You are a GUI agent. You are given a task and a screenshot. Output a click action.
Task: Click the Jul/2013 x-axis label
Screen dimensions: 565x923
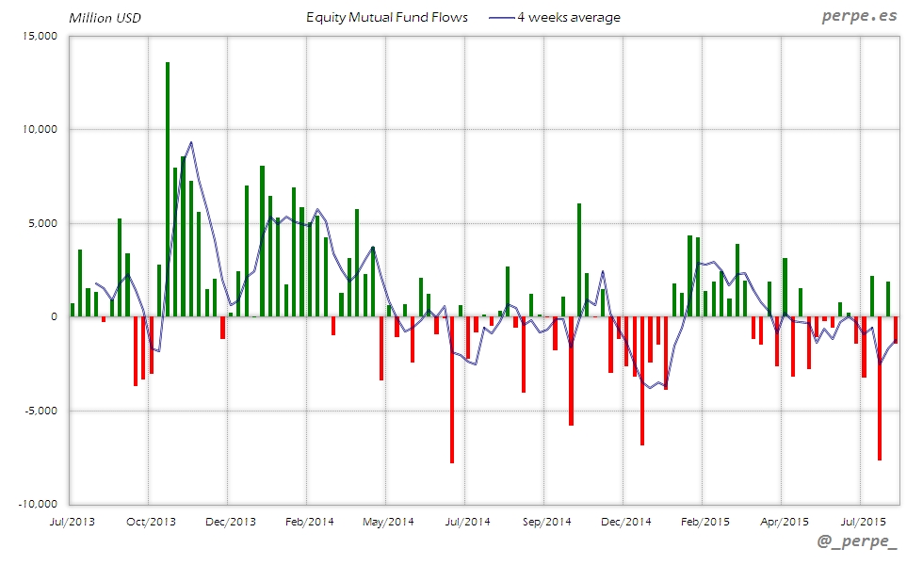pos(70,521)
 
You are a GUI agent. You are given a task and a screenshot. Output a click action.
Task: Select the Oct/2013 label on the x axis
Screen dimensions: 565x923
pos(151,521)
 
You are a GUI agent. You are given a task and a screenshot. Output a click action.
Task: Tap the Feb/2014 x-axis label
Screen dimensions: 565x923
pos(309,521)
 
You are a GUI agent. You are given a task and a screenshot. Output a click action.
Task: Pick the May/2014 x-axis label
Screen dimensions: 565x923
pos(388,521)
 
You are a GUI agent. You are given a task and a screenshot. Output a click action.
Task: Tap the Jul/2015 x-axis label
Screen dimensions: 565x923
pos(863,521)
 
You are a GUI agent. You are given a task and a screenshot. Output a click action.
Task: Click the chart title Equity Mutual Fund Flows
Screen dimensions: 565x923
pos(387,17)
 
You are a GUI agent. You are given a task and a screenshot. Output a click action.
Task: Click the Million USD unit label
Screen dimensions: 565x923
pos(105,18)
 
